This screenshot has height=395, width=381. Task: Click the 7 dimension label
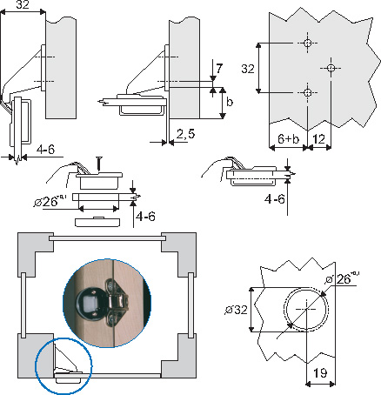[x=219, y=69]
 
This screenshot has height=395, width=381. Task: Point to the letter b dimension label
[x=230, y=102]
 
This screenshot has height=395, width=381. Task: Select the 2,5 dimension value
[x=185, y=134]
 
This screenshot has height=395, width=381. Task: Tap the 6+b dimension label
[x=288, y=139]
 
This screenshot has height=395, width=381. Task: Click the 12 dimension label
[x=318, y=139]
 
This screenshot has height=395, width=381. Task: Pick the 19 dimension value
[x=320, y=373]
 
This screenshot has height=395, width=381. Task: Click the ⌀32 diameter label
[x=236, y=310]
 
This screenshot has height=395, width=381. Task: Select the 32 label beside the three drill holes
[x=248, y=69]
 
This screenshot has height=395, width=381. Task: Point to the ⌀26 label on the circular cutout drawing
[x=341, y=278]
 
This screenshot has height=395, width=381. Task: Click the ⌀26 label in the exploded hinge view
[x=50, y=201]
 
